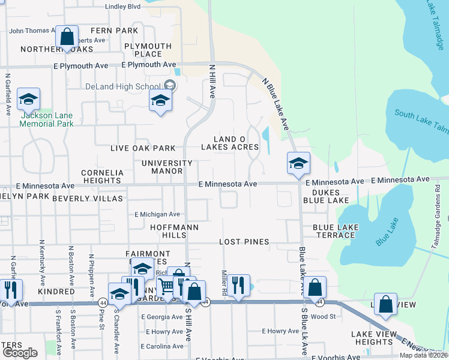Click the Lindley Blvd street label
click(122, 7)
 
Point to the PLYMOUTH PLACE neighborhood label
click(148, 50)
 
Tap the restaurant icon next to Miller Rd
click(239, 286)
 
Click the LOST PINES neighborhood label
click(240, 241)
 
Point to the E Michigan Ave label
click(157, 214)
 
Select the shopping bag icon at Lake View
click(385, 305)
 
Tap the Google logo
click(20, 353)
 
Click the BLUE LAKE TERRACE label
click(334, 231)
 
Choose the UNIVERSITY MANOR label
click(167, 167)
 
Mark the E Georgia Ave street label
click(161, 317)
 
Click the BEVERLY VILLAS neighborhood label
click(87, 198)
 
